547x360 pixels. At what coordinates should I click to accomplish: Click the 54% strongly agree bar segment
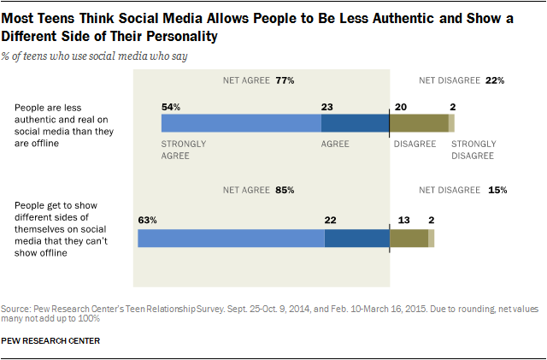point(241,122)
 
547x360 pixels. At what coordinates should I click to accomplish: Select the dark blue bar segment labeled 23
point(355,122)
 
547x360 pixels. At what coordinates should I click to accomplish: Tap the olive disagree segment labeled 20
point(419,122)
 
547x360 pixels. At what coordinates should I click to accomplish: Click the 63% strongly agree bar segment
point(231,238)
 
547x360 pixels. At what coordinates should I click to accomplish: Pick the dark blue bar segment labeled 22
point(356,238)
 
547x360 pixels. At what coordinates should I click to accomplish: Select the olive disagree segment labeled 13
point(409,238)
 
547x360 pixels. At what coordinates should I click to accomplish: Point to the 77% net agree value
point(285,81)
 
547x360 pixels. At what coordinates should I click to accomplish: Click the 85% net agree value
point(285,189)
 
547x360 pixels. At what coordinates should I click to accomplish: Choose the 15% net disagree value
point(496,189)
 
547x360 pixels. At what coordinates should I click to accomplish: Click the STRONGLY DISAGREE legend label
point(473,150)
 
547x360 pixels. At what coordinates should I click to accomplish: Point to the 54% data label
point(171,106)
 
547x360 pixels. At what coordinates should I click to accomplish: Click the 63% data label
point(148,220)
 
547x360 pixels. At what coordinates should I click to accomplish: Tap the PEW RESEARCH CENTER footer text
point(51,340)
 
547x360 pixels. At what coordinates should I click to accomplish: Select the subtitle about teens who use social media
point(96,56)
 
